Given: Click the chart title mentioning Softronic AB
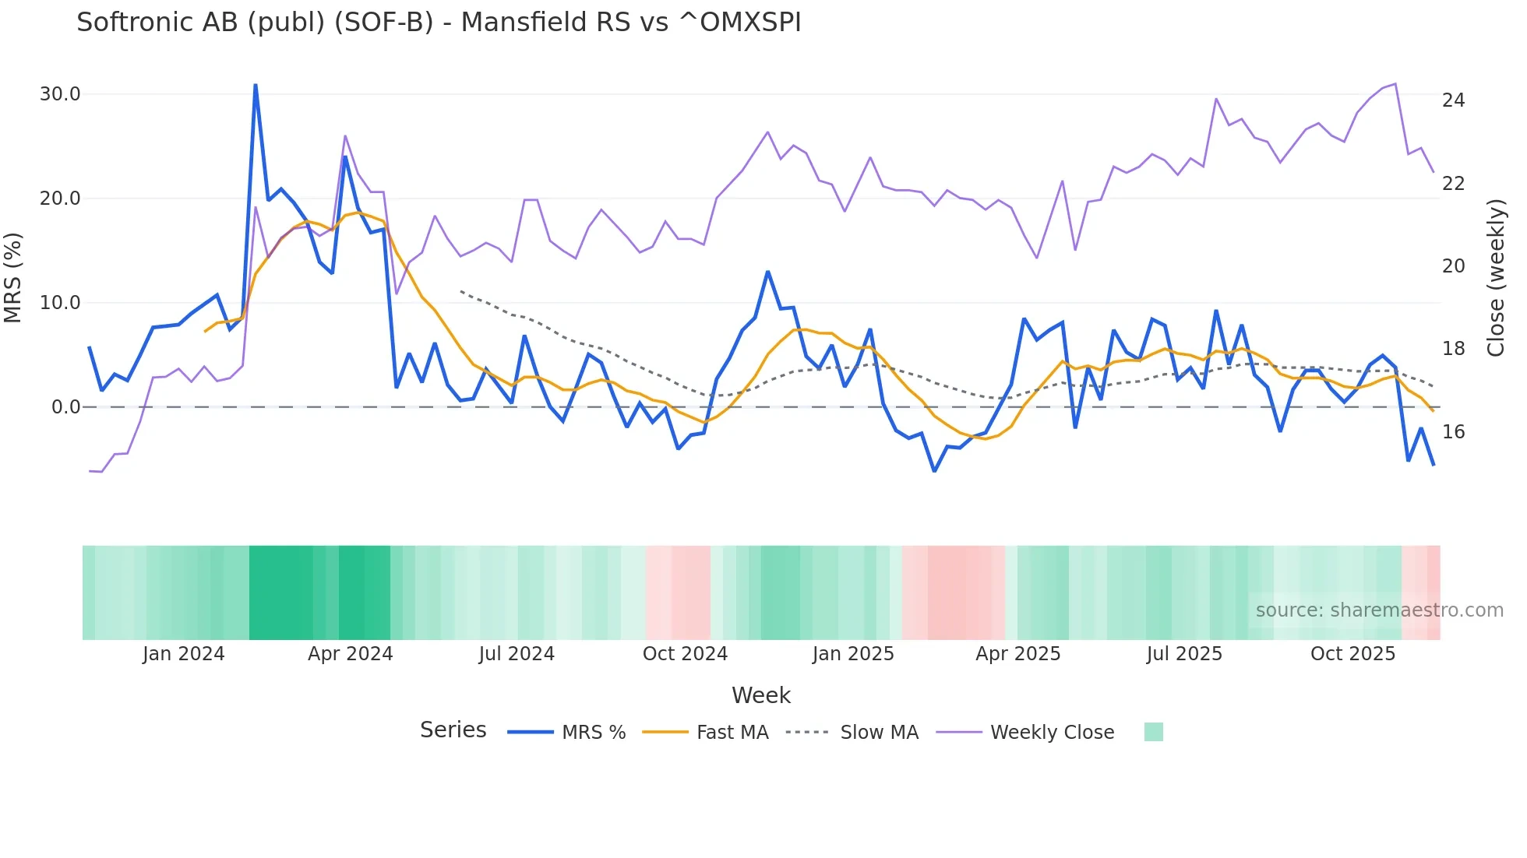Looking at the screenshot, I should tap(439, 23).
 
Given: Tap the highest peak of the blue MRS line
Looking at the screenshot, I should tap(256, 85).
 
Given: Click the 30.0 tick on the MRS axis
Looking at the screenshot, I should tap(60, 94).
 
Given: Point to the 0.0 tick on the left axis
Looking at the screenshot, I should tap(65, 406).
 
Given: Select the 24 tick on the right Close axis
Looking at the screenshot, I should tap(1453, 100).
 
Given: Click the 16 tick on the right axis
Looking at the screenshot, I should tap(1453, 432).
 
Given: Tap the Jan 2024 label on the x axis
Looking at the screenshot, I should tap(183, 654).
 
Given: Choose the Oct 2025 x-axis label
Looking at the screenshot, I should tap(1352, 654).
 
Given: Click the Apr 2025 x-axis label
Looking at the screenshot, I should tap(1017, 654).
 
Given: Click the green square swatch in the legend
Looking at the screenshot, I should tap(1153, 732).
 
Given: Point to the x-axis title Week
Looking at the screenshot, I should tap(761, 695).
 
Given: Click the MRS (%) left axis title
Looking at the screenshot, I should tap(13, 278).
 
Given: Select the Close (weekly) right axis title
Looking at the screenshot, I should tap(1495, 278).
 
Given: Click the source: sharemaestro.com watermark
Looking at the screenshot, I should tap(1379, 610).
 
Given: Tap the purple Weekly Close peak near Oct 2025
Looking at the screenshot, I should tap(1395, 84).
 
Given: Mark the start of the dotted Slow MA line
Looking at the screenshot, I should tap(461, 291).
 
